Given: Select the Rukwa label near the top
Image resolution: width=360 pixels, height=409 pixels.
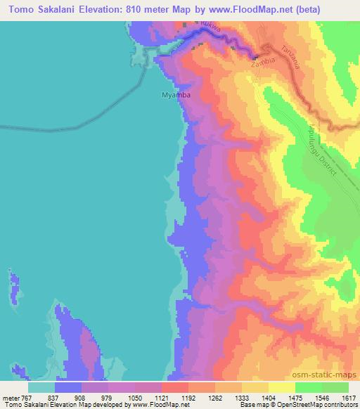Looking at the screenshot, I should coord(212,27).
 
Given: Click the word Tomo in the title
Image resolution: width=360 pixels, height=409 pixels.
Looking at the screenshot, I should coord(25,9).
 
